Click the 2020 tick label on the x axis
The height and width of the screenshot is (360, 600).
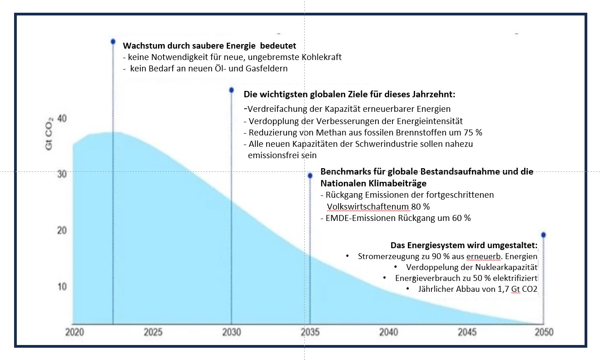pos(74,332)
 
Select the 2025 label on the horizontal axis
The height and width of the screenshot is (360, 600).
pos(153,332)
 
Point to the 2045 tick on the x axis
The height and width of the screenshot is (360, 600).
pos(467,332)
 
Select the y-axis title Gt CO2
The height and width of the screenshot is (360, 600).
pos(50,134)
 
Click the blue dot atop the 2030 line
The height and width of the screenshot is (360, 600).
pos(231,90)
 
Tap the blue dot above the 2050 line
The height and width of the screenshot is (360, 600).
pos(543,235)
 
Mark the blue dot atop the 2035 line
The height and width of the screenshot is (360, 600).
pos(310,175)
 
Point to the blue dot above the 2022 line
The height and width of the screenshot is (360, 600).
pos(113,41)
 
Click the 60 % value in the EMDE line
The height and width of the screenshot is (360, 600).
pos(460,218)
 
